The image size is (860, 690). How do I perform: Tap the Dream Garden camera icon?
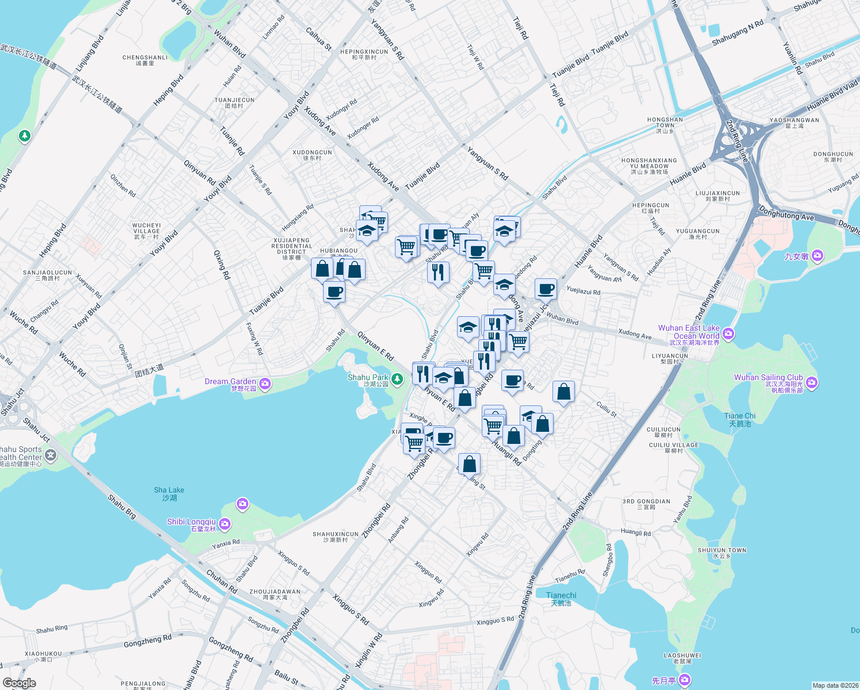coord(265,384)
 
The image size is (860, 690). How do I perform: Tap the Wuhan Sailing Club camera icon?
coord(812,382)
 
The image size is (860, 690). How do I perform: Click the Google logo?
coord(19,683)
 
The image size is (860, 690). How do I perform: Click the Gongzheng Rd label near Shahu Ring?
coord(148,640)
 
